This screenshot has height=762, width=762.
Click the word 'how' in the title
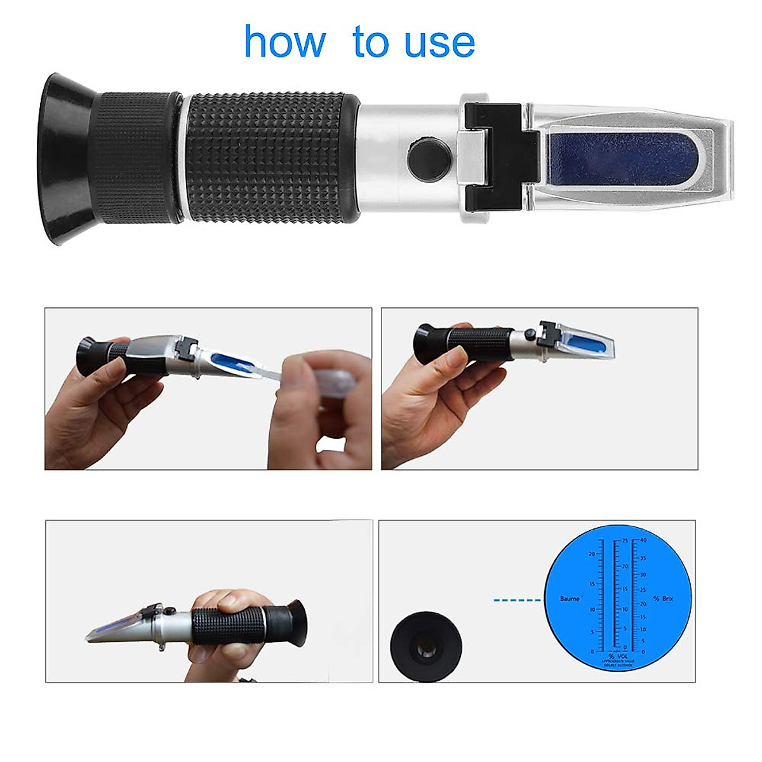pos(284,42)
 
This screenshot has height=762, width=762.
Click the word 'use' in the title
pos(438,43)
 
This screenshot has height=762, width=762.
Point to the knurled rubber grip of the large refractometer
pos(273,157)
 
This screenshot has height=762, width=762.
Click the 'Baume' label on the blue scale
pos(570,599)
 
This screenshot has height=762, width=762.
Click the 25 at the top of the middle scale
pos(625,540)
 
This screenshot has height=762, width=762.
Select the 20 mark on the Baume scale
pos(591,554)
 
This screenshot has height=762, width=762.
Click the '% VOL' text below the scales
pos(616,656)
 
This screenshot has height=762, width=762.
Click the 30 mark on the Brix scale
pos(643,575)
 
